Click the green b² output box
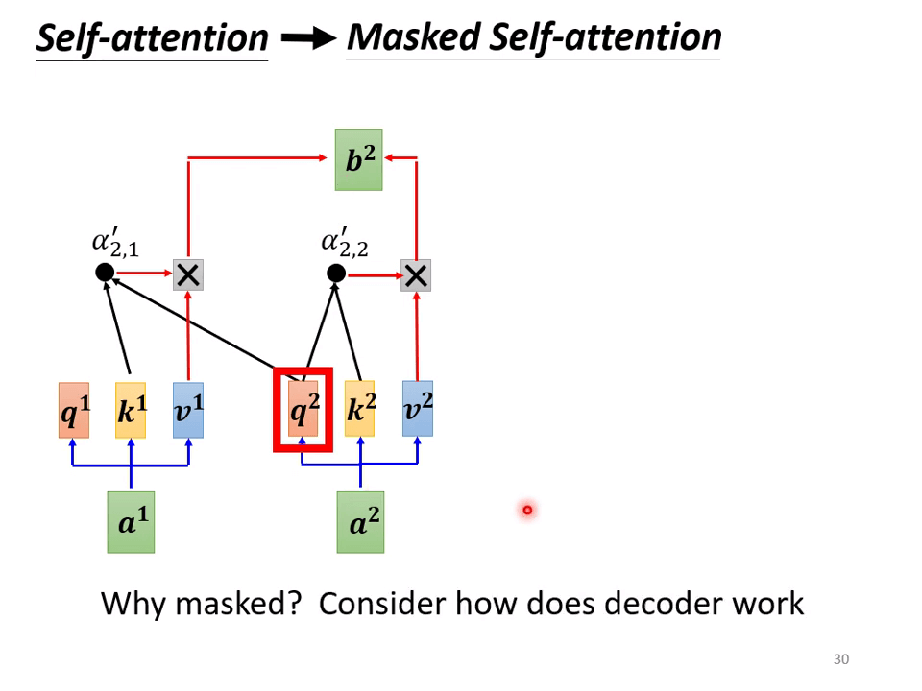pos(358,159)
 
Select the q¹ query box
pos(73,410)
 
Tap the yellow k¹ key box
pos(131,410)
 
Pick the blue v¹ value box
pos(188,410)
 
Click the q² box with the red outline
pos(303,410)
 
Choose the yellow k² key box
pos(360,409)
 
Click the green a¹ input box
pos(131,522)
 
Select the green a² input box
pos(360,522)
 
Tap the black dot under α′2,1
pos(106,274)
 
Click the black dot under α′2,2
pos(336,274)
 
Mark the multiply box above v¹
pos(188,275)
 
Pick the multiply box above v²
pos(416,275)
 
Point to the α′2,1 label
pos(115,243)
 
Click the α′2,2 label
pos(345,243)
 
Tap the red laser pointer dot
pos(527,510)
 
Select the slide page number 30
pos(841,659)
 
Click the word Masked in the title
pos(413,37)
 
